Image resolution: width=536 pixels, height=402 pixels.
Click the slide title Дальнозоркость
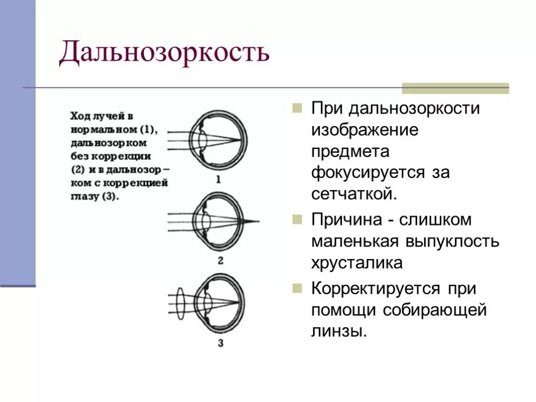pos(164,53)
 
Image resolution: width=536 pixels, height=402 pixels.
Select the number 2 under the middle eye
pos(220,260)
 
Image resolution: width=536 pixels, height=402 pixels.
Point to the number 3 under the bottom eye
pos(220,343)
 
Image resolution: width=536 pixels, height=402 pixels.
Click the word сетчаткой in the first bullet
pos(354,194)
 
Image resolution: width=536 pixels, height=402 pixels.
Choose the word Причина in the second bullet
pos(346,220)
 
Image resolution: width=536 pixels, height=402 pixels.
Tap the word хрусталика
pos(357,263)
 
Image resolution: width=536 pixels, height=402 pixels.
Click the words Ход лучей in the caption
pos(92,116)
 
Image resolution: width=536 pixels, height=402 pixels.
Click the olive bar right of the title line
pos(455,88)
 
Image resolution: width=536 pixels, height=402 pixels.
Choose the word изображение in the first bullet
pos(365,130)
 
